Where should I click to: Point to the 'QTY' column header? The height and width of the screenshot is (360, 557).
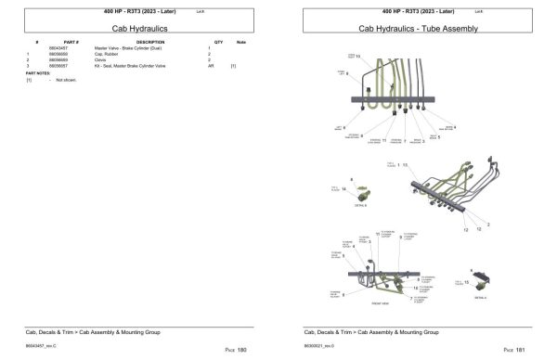218,43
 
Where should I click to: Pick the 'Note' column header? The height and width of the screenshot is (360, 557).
240,43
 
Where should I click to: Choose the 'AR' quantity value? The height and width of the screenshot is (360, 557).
209,67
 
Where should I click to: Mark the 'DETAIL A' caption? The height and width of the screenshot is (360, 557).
480,299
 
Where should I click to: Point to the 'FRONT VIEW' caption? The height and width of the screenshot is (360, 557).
380,302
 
